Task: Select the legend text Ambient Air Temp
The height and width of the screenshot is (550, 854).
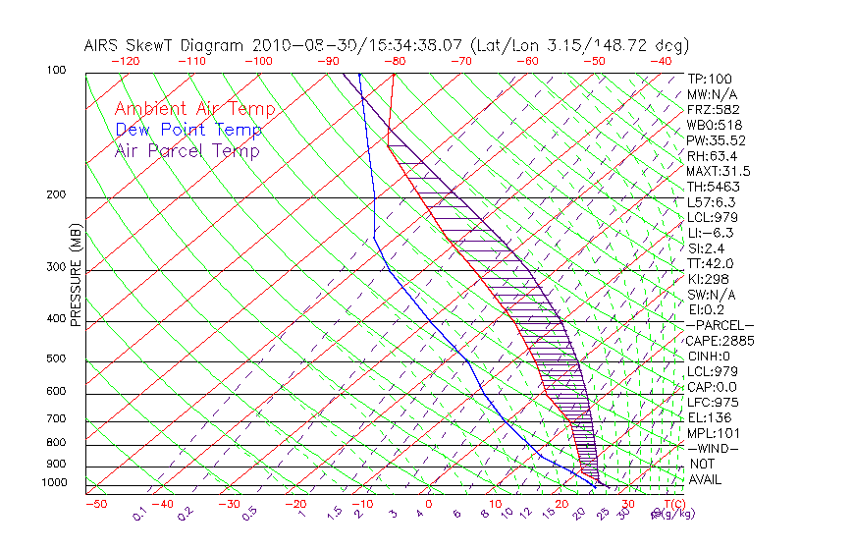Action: (194, 109)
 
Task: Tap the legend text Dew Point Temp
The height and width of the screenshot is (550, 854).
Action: (188, 130)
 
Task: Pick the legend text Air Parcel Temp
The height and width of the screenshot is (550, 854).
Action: (187, 150)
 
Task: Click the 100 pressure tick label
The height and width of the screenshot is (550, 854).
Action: (57, 71)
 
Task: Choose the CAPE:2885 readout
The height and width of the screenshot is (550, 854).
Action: (720, 341)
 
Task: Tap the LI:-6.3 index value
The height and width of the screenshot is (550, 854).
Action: (710, 233)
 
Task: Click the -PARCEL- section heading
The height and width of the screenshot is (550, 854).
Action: (721, 325)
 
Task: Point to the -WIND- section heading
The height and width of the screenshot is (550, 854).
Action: (714, 448)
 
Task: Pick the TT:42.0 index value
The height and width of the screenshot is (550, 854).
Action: (711, 263)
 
